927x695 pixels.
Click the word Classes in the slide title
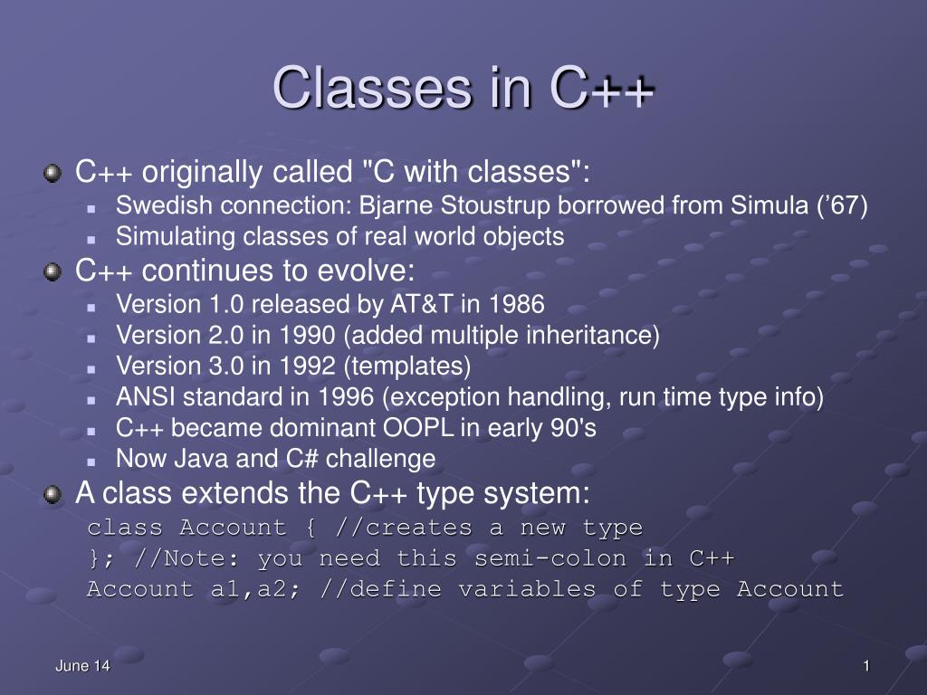click(x=371, y=89)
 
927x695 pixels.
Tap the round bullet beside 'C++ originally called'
click(x=53, y=171)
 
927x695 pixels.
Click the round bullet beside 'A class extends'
click(x=53, y=494)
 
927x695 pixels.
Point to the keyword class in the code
click(x=125, y=528)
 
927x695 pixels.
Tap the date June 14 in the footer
click(x=82, y=666)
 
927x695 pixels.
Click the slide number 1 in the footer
click(x=866, y=666)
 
